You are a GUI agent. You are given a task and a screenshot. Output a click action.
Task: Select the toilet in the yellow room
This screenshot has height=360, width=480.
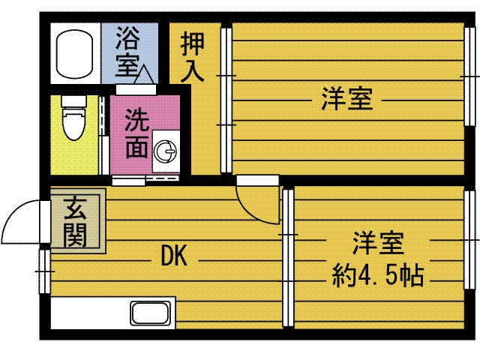tap(73, 124)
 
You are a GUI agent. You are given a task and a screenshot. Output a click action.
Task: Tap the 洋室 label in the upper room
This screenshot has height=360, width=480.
tap(347, 98)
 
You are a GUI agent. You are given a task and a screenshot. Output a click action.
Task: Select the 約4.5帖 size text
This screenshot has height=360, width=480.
tap(378, 275)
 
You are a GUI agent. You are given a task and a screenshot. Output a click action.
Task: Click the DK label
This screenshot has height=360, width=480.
tap(178, 257)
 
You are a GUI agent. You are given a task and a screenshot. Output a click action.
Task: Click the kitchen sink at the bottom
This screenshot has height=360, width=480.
tap(152, 313)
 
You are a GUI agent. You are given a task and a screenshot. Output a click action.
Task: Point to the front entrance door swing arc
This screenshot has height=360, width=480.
tap(19, 221)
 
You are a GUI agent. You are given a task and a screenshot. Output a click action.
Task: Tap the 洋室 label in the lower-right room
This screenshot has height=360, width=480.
tap(378, 244)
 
